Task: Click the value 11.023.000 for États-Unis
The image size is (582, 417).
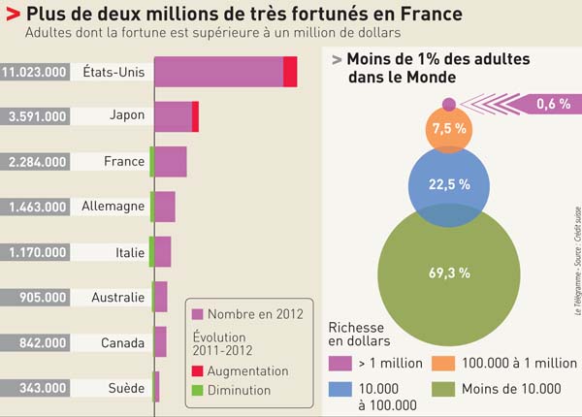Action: click(x=34, y=72)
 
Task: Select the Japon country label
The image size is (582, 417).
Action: click(x=127, y=115)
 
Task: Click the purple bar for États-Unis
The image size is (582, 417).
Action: click(x=218, y=72)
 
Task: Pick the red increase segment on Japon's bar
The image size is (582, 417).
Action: click(x=195, y=116)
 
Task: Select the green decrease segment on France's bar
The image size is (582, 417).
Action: click(x=152, y=161)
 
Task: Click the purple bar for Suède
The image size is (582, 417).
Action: click(x=156, y=387)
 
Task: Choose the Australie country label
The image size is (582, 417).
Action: click(x=117, y=298)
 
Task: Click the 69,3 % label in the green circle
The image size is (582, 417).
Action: click(x=449, y=273)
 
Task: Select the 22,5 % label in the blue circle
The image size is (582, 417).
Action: click(x=450, y=183)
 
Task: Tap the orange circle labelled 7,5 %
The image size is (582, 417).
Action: click(x=449, y=128)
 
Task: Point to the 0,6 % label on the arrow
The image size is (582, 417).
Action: click(x=552, y=104)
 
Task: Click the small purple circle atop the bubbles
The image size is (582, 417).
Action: click(x=448, y=104)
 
